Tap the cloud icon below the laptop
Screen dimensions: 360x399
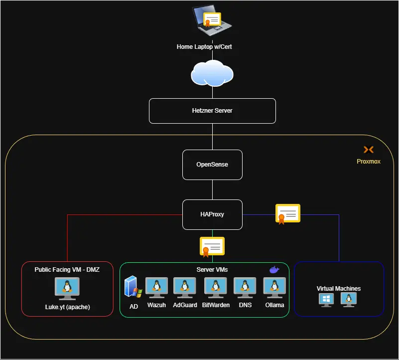[212, 73]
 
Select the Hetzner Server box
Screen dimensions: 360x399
[212, 111]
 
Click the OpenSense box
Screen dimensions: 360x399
[212, 165]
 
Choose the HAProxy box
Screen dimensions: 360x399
[212, 214]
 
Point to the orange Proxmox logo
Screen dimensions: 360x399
[369, 150]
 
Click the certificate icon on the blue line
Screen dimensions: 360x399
[288, 214]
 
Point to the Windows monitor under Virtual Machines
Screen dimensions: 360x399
[327, 300]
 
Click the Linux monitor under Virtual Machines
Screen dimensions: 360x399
[349, 300]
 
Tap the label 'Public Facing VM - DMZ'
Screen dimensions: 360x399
[67, 269]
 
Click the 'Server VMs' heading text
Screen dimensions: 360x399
[212, 270]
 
